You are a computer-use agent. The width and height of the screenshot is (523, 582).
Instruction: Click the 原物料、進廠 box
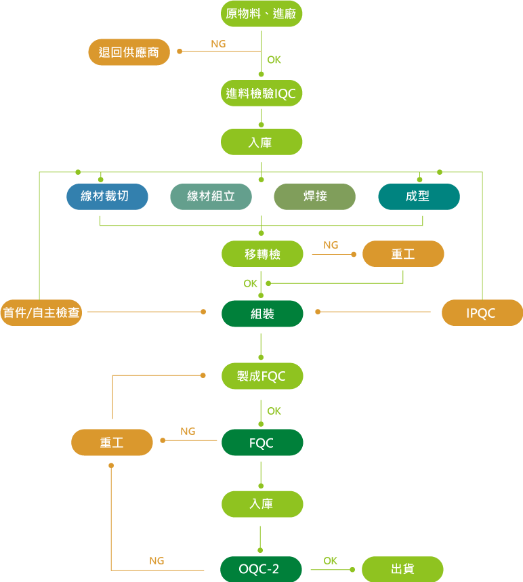click(x=261, y=14)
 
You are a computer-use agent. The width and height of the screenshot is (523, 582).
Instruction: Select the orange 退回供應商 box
click(x=129, y=52)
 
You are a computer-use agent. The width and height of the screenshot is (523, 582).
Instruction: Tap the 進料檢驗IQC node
click(x=261, y=93)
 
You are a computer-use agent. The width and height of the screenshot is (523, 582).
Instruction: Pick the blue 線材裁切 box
click(x=107, y=196)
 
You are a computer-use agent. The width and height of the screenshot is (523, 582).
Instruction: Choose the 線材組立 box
click(x=211, y=196)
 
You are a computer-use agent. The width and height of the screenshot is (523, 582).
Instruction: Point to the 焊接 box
click(x=314, y=196)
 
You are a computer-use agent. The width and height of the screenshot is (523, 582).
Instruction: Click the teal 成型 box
click(x=419, y=196)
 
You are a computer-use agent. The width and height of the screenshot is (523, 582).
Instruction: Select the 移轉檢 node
click(x=262, y=254)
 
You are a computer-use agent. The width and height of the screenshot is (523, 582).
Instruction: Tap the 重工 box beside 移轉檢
click(x=403, y=254)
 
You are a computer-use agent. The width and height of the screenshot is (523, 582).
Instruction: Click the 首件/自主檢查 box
click(x=41, y=313)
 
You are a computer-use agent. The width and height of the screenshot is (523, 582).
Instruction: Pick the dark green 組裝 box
click(x=262, y=314)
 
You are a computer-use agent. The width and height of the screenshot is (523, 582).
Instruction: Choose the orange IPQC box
click(x=482, y=313)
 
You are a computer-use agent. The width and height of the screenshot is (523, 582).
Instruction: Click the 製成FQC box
click(x=262, y=376)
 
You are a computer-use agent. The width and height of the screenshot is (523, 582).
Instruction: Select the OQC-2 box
click(x=261, y=569)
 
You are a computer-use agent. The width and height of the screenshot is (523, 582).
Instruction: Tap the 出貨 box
click(x=402, y=569)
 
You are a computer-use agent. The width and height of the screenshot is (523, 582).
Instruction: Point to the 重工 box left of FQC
click(x=112, y=442)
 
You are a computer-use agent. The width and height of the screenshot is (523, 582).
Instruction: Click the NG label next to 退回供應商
click(x=218, y=44)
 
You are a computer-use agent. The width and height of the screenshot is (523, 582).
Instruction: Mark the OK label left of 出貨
click(x=330, y=561)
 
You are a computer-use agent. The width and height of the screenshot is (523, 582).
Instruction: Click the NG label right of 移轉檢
click(x=331, y=245)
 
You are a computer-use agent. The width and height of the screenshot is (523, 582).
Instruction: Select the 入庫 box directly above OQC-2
click(x=262, y=504)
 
